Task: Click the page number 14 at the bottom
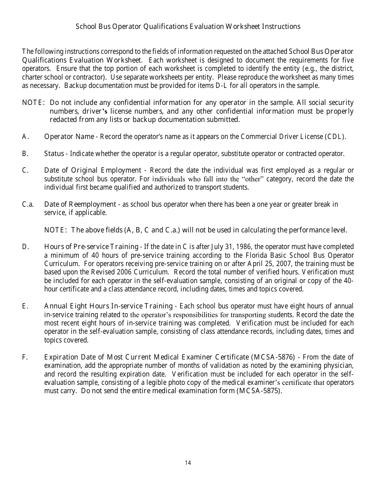pyautogui.click(x=188, y=463)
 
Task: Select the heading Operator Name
pyautogui.click(x=69, y=137)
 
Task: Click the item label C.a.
pyautogui.click(x=28, y=204)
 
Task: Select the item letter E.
pyautogui.click(x=25, y=306)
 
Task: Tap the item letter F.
pyautogui.click(x=25, y=358)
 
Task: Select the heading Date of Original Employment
pyautogui.click(x=92, y=170)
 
